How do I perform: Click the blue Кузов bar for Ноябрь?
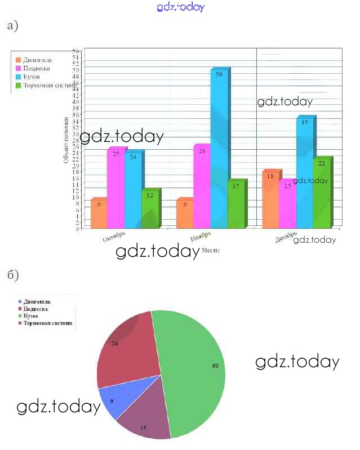point(219,149)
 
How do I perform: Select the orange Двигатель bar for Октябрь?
point(99,214)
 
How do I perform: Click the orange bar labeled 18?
point(270,200)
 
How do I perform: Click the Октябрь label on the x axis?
point(114,237)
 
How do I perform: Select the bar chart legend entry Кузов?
point(32,77)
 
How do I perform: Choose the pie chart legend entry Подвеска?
point(37,309)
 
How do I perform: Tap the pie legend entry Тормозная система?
point(48,324)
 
